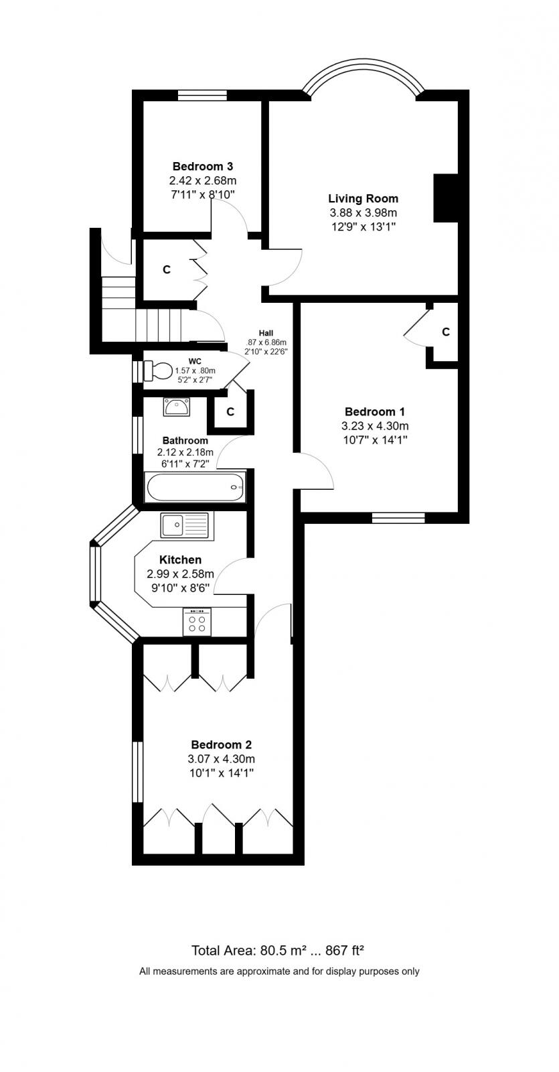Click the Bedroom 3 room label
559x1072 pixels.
(202, 166)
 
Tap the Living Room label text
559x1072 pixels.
(363, 198)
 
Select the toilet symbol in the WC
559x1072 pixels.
(159, 371)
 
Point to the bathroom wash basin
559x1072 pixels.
(177, 406)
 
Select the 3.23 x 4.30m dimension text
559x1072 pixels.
(375, 426)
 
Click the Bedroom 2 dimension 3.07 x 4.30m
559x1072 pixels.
(221, 759)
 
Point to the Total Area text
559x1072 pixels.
(277, 950)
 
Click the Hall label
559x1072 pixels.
(266, 333)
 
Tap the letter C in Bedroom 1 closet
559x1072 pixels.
(446, 332)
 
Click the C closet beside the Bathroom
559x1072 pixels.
(230, 412)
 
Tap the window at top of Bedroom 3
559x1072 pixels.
(202, 96)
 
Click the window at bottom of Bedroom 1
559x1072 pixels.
(398, 517)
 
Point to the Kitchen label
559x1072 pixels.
(180, 559)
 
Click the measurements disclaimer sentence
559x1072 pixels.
(279, 971)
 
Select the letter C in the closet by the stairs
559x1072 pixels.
(167, 269)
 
